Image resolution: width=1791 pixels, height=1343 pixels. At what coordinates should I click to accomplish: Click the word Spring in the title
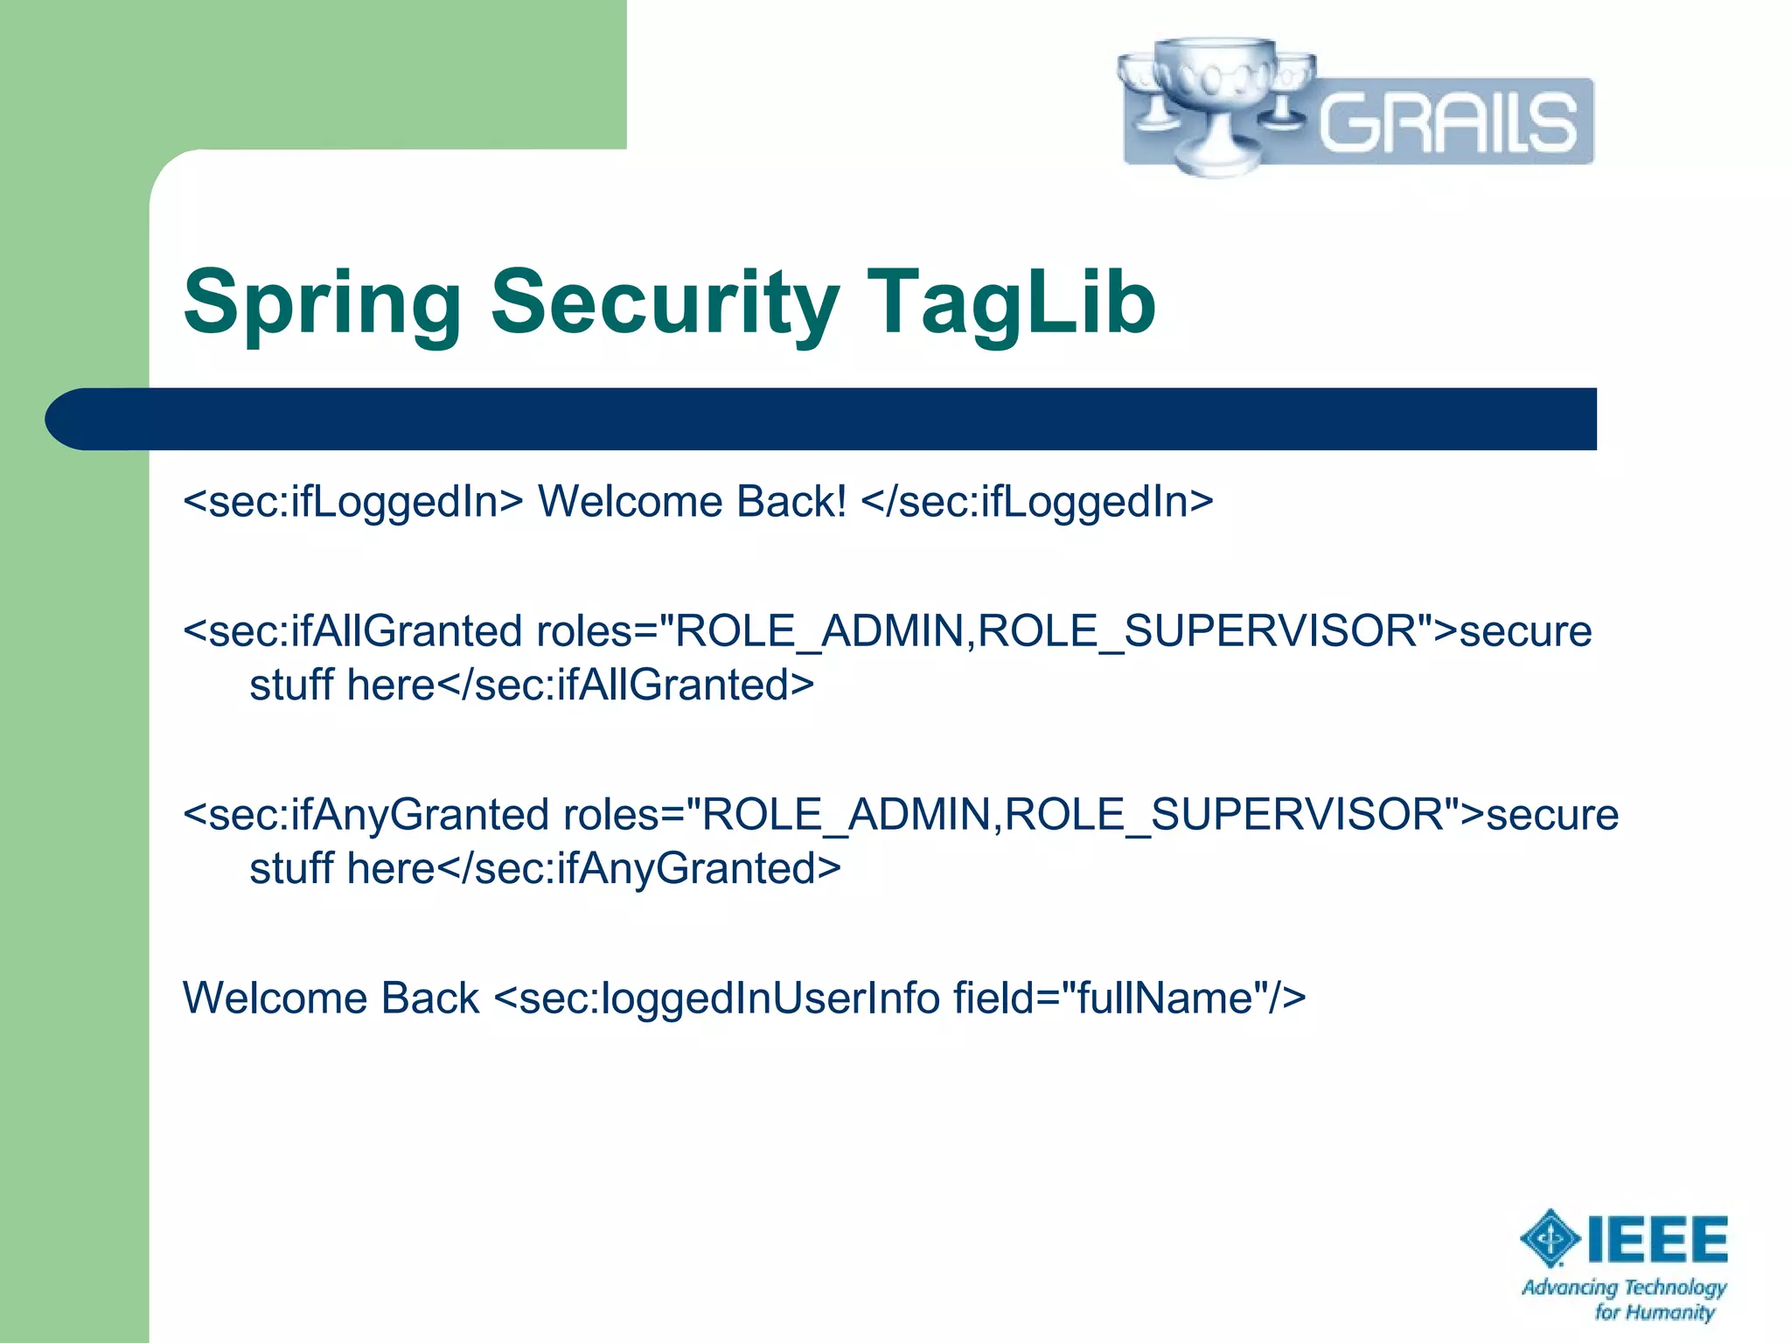322,304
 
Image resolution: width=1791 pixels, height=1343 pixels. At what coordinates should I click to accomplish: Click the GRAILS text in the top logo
1447,122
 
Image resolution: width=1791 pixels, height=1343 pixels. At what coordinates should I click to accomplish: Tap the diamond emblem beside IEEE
1550,1238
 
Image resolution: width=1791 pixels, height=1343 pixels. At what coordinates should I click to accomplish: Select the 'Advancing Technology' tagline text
1624,1287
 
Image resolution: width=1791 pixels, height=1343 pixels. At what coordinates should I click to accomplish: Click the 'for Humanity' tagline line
1654,1312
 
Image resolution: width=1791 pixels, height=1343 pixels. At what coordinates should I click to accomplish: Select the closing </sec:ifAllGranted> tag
625,685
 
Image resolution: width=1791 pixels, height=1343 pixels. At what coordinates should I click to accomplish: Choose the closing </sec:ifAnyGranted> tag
638,869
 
